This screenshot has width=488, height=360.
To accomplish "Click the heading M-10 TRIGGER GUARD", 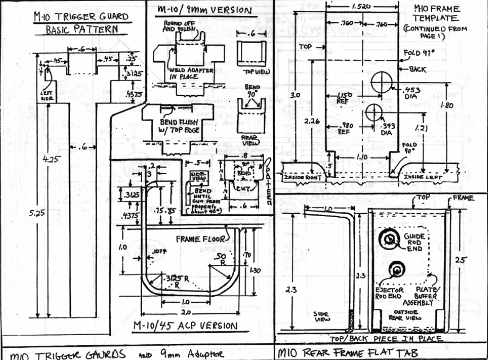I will click(81, 17).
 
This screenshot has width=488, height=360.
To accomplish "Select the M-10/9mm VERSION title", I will click(199, 10).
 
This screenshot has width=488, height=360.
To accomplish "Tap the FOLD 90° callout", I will click(409, 147).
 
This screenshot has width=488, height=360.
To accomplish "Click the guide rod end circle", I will click(389, 240).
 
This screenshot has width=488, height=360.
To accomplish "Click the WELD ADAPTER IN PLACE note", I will click(184, 73).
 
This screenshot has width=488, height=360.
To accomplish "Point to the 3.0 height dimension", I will click(297, 96).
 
